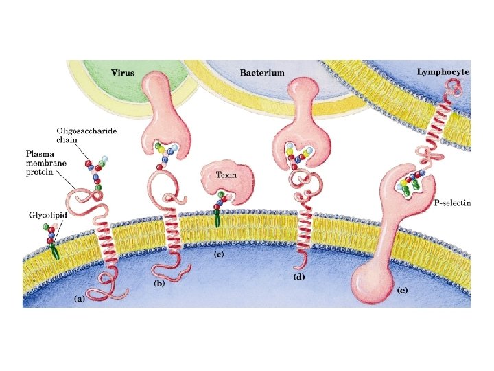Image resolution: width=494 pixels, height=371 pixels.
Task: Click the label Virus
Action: [x=124, y=71]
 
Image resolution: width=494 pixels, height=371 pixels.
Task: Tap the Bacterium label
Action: [x=262, y=72]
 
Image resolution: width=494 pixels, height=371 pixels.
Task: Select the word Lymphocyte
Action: [x=443, y=71]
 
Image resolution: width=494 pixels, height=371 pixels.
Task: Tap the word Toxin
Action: [x=226, y=175]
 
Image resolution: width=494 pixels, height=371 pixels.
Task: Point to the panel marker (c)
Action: [x=220, y=255]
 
